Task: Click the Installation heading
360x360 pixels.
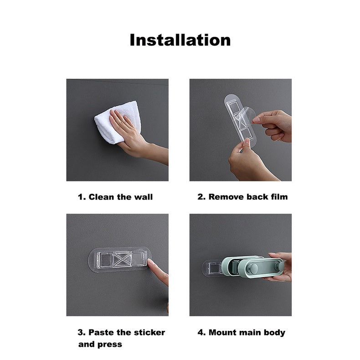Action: point(180,40)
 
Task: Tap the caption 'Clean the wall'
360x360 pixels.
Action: point(121,197)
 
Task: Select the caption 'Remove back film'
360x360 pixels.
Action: point(248,197)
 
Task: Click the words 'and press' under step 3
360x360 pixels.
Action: point(100,345)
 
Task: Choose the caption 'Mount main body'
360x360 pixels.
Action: point(247,333)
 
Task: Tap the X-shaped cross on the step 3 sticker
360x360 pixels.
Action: point(123,260)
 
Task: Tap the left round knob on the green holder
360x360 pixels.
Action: point(253,268)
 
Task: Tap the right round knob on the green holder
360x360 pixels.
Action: point(279,266)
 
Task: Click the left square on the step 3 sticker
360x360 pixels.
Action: point(106,260)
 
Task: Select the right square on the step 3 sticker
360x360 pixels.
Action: point(139,259)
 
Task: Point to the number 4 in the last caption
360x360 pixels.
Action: point(201,333)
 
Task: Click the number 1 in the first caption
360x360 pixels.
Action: point(80,197)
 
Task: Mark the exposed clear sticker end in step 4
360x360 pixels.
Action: point(212,268)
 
